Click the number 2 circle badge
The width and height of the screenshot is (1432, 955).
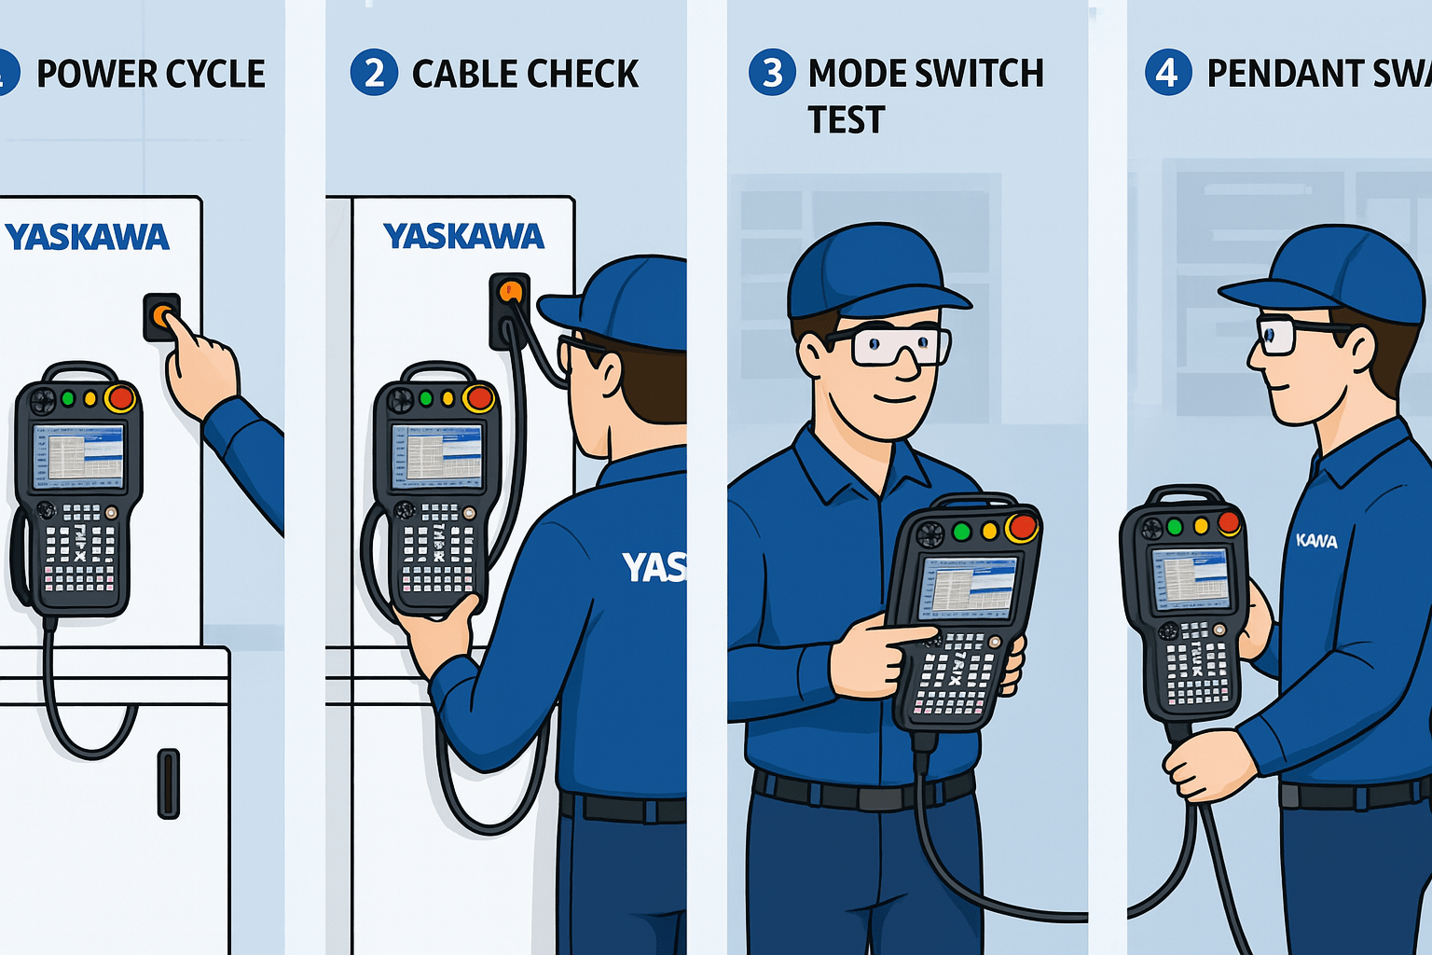(x=374, y=73)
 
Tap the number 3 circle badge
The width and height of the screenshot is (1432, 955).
(x=772, y=73)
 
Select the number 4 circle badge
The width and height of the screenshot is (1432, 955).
(x=1167, y=73)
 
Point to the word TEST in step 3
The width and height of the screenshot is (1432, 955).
(x=846, y=120)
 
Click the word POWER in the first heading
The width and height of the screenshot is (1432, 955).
(x=93, y=74)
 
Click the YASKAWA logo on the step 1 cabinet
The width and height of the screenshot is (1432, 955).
(x=87, y=237)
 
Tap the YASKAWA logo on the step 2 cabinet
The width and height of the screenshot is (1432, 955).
(x=463, y=236)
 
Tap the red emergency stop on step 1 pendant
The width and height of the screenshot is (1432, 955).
(x=120, y=398)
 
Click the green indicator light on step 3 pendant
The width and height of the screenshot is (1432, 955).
(x=961, y=532)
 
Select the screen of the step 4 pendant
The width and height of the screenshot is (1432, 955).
(x=1191, y=578)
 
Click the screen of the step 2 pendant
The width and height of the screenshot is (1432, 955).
(x=436, y=456)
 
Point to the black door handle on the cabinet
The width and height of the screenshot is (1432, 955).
(x=168, y=782)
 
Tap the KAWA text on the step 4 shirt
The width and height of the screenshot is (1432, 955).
(x=1316, y=541)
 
